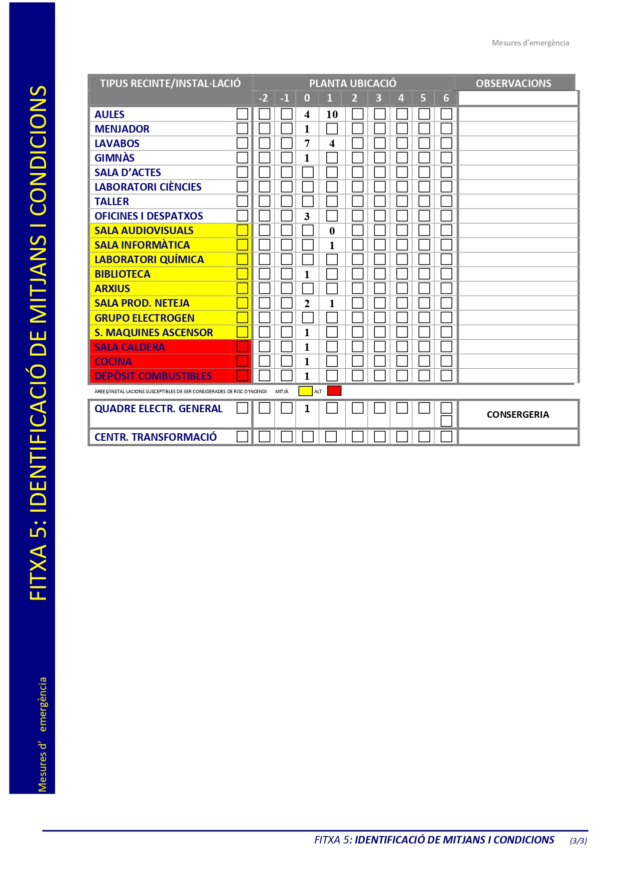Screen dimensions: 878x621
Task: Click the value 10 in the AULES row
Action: pyautogui.click(x=332, y=115)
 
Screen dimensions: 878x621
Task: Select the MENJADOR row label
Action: pyautogui.click(x=122, y=129)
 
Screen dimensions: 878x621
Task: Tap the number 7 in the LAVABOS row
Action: pyautogui.click(x=307, y=144)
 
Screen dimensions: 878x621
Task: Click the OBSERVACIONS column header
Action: pyautogui.click(x=513, y=84)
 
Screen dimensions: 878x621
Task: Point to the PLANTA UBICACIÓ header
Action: pyautogui.click(x=353, y=84)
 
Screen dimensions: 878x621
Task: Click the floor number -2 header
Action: pyautogui.click(x=263, y=98)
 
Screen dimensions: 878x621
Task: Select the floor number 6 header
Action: pyautogui.click(x=446, y=98)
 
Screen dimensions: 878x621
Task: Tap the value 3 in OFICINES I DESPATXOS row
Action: pyautogui.click(x=307, y=217)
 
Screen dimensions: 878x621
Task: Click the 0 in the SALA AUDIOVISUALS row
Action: pyautogui.click(x=332, y=231)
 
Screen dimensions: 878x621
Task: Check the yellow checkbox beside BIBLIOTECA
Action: pyautogui.click(x=242, y=274)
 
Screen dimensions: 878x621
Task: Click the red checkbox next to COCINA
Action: pyautogui.click(x=242, y=361)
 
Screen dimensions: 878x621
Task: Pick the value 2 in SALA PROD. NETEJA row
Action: pyautogui.click(x=307, y=304)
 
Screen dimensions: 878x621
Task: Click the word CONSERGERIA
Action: pyautogui.click(x=518, y=415)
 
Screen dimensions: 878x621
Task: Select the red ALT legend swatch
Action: pyautogui.click(x=334, y=391)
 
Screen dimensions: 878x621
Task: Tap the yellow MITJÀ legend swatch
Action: pyautogui.click(x=305, y=391)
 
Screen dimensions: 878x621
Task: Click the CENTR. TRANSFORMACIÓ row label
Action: pyautogui.click(x=155, y=437)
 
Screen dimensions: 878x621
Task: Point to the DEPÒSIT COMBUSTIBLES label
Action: pyautogui.click(x=153, y=376)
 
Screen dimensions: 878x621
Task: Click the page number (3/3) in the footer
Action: pyautogui.click(x=578, y=841)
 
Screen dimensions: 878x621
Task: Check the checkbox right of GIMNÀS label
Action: pyautogui.click(x=242, y=158)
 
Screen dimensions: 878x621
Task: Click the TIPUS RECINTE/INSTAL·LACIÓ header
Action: pyautogui.click(x=170, y=84)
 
